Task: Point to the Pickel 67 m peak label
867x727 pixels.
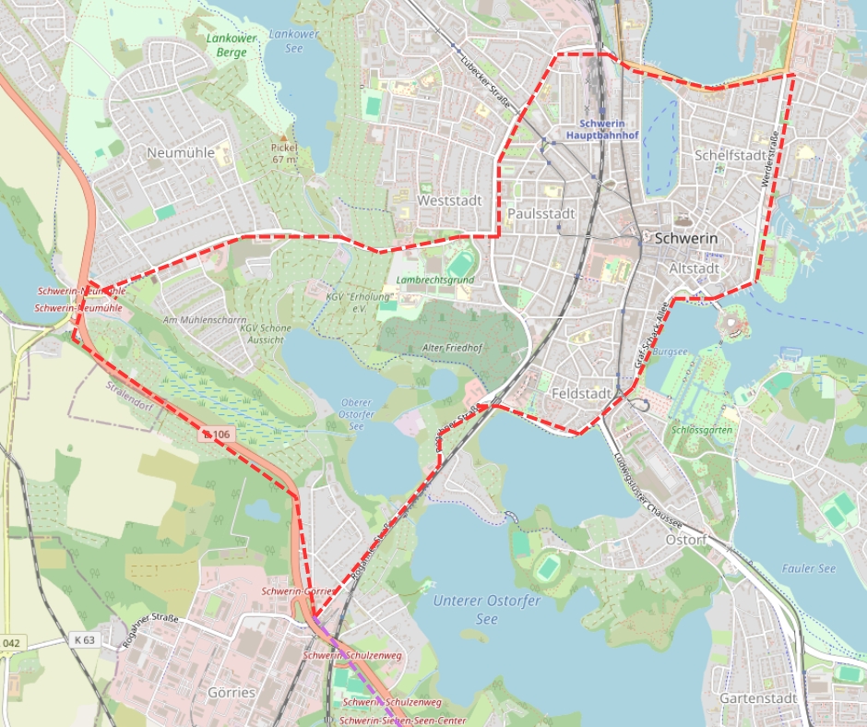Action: point(285,153)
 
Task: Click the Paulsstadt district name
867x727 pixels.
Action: point(540,214)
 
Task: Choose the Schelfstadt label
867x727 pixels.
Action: point(731,155)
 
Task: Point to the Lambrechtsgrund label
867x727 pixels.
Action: point(434,280)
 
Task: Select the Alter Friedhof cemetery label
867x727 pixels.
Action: point(454,347)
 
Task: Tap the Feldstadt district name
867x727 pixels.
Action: point(581,394)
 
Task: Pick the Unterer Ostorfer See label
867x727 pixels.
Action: point(486,610)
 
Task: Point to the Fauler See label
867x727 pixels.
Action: point(809,568)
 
